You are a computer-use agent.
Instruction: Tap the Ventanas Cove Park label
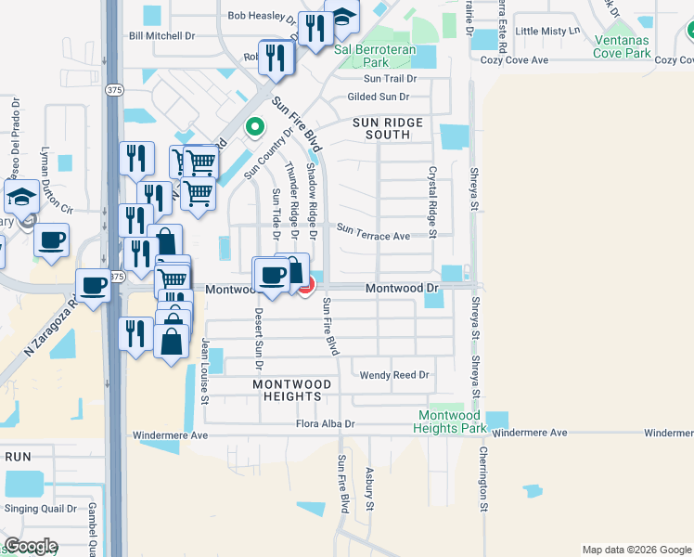[637, 46]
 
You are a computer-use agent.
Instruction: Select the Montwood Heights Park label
[452, 421]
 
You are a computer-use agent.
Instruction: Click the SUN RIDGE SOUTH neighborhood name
[387, 128]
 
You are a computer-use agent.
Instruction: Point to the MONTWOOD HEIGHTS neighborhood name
[287, 390]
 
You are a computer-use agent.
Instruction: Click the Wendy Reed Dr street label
[396, 375]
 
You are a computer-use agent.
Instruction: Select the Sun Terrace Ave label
[373, 236]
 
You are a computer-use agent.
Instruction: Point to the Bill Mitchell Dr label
[163, 36]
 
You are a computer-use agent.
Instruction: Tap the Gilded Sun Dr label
[378, 97]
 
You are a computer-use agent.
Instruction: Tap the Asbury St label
[369, 489]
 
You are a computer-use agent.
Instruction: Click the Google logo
[31, 546]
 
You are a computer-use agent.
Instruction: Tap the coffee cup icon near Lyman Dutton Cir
[52, 240]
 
